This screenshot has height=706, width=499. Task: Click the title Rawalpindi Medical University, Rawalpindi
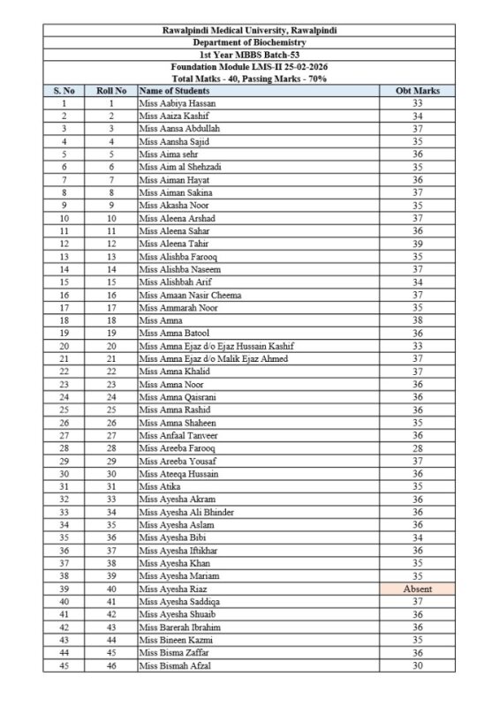pos(249,30)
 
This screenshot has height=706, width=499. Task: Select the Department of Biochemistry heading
pos(249,42)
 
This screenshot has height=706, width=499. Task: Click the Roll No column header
pos(112,90)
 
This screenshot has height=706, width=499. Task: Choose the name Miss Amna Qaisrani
pos(176,396)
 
